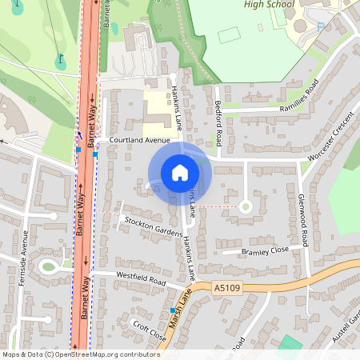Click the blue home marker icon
pyautogui.click(x=179, y=172)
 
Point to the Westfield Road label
pyautogui.click(x=141, y=282)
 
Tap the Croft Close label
pyautogui.click(x=150, y=331)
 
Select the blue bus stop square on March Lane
pyautogui.click(x=171, y=310)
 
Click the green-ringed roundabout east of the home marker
pyautogui.click(x=246, y=206)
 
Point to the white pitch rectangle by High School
pyautogui.click(x=229, y=36)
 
